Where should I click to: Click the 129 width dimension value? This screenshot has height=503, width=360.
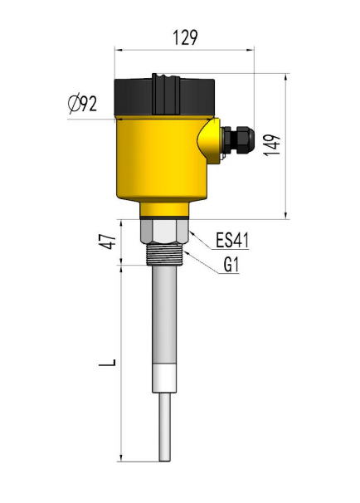click(185, 37)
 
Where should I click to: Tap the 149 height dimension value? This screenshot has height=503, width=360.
click(272, 145)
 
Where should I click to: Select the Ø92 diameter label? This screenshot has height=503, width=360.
click(82, 104)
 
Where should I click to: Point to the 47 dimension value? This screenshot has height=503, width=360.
click(108, 242)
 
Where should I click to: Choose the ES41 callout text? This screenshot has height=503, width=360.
click(232, 240)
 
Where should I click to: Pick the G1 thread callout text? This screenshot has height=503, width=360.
click(231, 265)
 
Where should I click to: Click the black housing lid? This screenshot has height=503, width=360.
click(164, 95)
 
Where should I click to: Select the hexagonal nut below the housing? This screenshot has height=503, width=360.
click(164, 232)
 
